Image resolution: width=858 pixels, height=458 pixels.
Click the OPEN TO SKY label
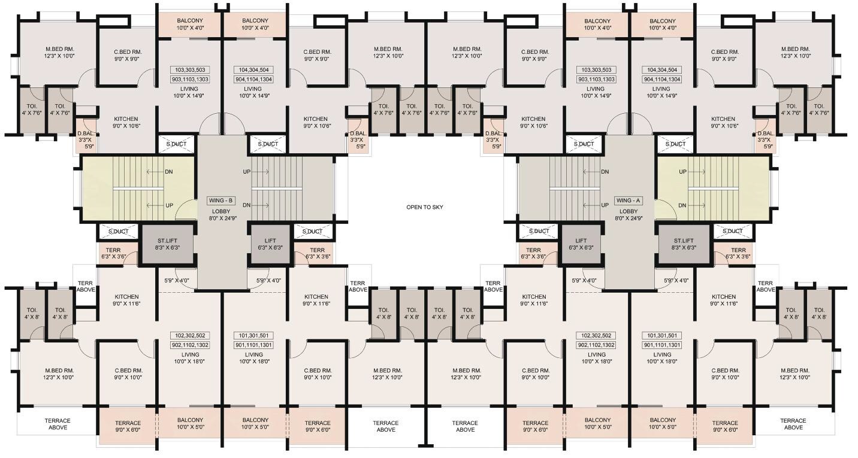tap(424, 207)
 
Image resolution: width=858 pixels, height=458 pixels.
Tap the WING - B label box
tap(220, 201)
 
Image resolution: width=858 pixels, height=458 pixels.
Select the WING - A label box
tap(628, 201)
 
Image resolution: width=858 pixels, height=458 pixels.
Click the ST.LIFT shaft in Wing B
tap(167, 244)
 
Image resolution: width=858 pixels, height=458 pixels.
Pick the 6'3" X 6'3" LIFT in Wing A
tap(581, 244)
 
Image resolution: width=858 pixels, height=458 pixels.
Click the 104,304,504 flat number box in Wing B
tap(253, 70)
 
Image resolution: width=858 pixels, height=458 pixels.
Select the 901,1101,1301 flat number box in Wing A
tap(662, 345)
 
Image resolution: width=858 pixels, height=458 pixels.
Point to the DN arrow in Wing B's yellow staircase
tap(156, 172)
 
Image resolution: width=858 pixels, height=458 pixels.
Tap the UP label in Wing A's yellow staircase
tap(682, 172)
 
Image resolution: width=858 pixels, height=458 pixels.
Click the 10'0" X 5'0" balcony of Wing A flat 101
tap(663, 423)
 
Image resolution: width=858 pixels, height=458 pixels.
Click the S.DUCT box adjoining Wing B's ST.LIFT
tap(119, 232)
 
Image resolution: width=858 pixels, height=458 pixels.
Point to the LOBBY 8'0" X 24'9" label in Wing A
tap(629, 215)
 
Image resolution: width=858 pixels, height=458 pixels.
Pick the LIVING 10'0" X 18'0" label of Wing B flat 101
tap(253, 358)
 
